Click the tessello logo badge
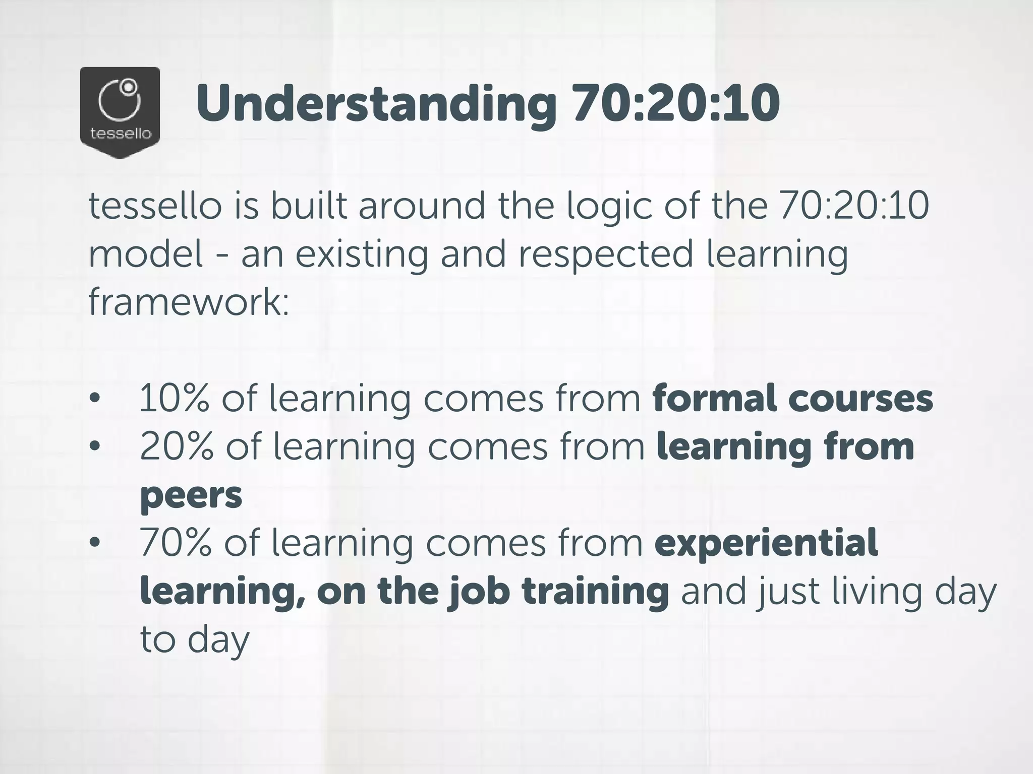click(x=120, y=112)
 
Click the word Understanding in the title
click(x=376, y=104)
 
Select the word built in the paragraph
click(x=309, y=206)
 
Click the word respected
click(x=605, y=255)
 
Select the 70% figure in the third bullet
click(x=176, y=543)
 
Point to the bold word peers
click(x=191, y=496)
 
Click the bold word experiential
click(x=766, y=544)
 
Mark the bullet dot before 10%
click(x=94, y=399)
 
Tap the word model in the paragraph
click(x=146, y=254)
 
